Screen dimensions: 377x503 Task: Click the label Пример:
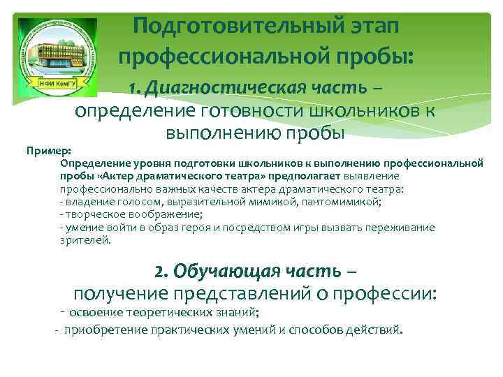click(43, 150)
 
